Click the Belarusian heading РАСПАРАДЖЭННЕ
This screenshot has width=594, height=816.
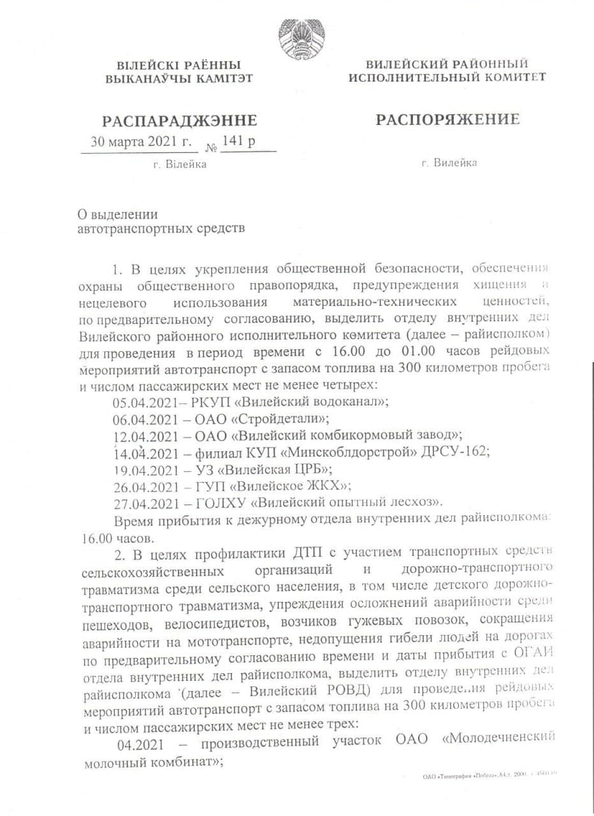(x=180, y=121)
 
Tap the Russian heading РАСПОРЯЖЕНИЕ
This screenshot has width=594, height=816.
(x=447, y=119)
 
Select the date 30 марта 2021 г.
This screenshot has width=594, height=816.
(x=140, y=142)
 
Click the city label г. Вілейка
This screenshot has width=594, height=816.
(x=180, y=164)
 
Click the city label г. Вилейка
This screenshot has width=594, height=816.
(x=449, y=163)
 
